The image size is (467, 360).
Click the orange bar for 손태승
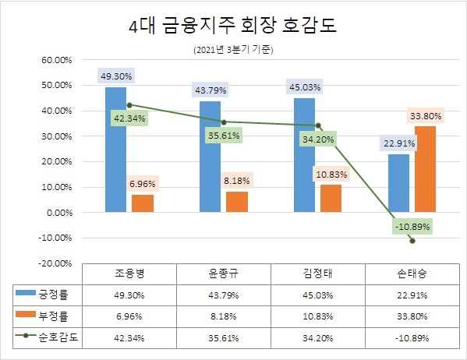pos(426,169)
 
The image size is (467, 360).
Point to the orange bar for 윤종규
pos(238,202)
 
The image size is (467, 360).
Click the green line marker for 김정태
pos(318,126)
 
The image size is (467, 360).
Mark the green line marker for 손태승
pos(412,241)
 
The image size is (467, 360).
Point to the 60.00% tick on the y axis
pos(55,60)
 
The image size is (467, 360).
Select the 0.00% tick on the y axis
pos(57,213)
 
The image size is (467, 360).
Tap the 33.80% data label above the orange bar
pos(426,116)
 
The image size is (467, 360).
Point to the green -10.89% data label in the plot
pos(411,226)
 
